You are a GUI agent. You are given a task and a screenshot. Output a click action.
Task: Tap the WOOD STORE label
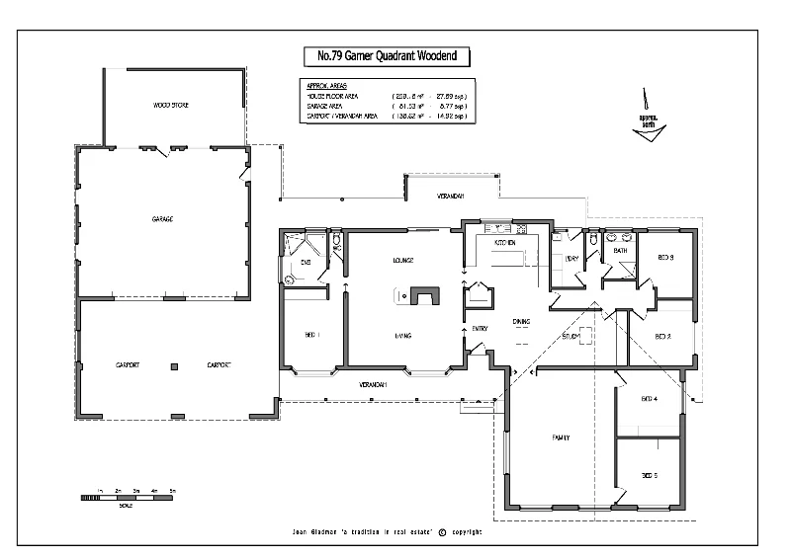click(170, 104)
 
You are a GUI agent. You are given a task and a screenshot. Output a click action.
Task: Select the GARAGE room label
click(162, 219)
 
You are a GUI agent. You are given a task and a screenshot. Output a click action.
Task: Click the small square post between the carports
click(175, 366)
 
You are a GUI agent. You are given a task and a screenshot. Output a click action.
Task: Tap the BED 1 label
click(311, 337)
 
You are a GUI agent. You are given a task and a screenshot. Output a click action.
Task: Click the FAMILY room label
click(560, 438)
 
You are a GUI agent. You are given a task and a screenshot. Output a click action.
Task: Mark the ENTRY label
click(481, 329)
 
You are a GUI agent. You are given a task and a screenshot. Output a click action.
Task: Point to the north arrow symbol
click(649, 119)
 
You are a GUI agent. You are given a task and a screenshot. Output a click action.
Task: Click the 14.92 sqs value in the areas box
click(450, 117)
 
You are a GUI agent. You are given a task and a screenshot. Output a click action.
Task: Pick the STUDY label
click(571, 337)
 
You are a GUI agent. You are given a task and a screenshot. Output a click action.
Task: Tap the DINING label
click(521, 322)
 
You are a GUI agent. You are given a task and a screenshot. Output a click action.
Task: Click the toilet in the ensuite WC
click(337, 241)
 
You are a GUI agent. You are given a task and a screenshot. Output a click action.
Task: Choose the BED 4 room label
click(649, 398)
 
